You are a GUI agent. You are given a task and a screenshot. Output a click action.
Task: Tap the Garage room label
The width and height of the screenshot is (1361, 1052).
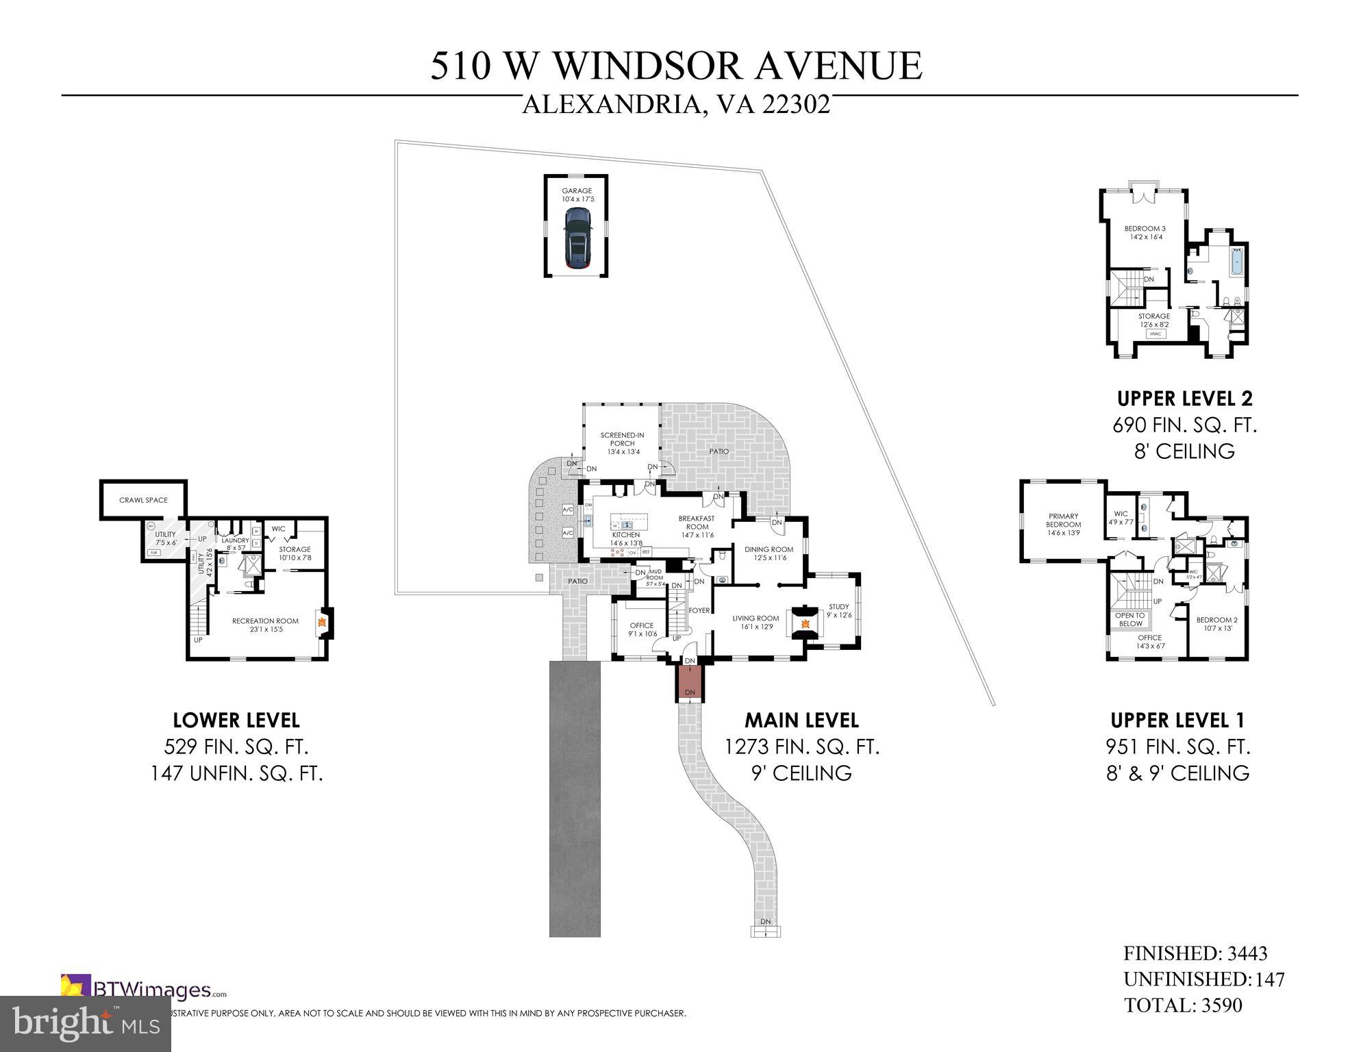577,195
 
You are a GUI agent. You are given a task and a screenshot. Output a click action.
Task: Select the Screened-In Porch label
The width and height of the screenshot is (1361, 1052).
622,443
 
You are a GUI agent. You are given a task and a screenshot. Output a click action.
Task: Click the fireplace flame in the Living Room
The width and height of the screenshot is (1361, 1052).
806,623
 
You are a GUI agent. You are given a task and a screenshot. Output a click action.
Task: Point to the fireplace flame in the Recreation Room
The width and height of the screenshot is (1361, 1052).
321,623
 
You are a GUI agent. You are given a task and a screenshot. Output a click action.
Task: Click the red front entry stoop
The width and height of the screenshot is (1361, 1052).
689,681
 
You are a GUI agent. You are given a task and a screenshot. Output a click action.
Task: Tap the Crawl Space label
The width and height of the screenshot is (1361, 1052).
143,500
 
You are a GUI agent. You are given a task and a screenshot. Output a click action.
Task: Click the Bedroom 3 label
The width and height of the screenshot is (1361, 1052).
1145,232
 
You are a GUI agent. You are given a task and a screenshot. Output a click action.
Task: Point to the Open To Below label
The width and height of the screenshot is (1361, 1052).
1130,619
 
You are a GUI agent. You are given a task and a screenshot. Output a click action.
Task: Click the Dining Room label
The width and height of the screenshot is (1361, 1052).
769,553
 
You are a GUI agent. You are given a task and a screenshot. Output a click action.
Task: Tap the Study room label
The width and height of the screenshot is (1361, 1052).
838,610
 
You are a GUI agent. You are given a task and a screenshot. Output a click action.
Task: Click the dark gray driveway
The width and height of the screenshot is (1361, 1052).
575,798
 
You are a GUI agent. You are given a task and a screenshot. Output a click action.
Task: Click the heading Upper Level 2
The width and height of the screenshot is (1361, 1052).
1184,398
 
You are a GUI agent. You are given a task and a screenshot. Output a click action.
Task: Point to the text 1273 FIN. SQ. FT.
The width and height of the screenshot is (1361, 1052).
801,747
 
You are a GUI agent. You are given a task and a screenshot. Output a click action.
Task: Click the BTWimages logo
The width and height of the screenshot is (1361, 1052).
144,990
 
